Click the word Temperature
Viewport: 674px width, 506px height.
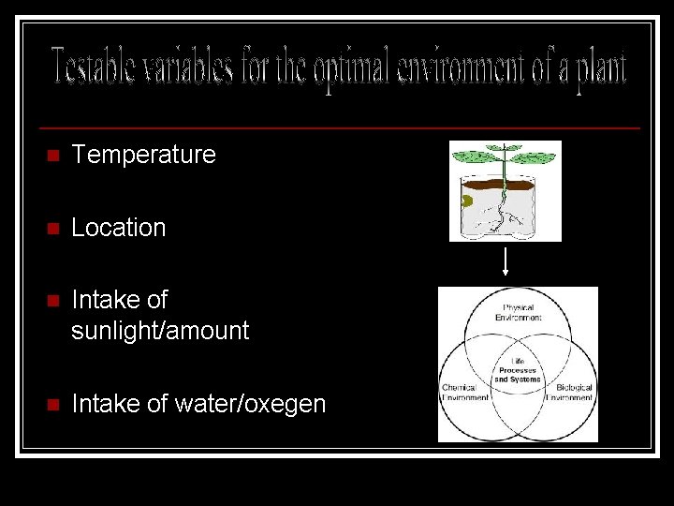click(x=143, y=155)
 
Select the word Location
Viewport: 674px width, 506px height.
click(x=118, y=228)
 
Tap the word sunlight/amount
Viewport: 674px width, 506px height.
click(x=160, y=331)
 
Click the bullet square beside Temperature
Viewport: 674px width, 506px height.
click(x=52, y=156)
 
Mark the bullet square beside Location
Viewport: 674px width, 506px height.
click(x=52, y=229)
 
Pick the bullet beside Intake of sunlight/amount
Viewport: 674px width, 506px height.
click(x=52, y=302)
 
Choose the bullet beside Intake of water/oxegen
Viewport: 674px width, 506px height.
click(x=52, y=405)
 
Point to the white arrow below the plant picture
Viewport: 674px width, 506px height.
click(x=505, y=261)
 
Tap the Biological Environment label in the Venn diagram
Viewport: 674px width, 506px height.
click(x=574, y=393)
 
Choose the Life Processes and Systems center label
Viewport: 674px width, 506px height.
click(x=518, y=370)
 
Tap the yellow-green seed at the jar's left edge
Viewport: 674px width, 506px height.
click(x=466, y=201)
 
